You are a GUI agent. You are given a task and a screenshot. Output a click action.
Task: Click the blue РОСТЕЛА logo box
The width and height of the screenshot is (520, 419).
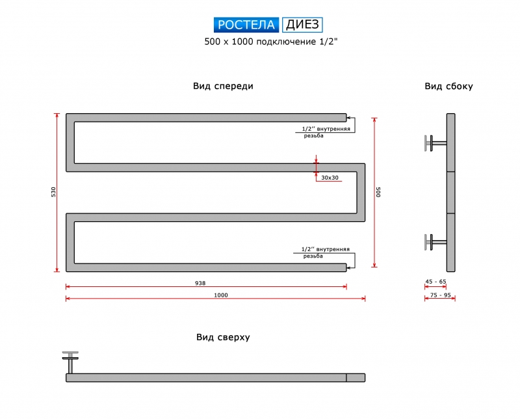pos(246,25)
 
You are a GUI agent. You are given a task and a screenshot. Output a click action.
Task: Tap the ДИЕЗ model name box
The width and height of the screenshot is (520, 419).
pos(302,25)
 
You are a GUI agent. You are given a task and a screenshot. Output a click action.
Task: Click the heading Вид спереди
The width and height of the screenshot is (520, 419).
pos(223,87)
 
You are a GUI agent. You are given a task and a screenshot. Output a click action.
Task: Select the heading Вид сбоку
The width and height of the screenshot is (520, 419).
pos(448,87)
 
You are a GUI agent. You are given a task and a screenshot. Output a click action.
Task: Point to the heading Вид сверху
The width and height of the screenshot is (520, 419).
pos(223,337)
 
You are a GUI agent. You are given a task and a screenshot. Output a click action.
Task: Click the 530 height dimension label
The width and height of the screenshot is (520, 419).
pos(53,192)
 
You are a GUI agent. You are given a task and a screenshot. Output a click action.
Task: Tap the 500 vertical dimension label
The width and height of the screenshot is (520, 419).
pos(378,192)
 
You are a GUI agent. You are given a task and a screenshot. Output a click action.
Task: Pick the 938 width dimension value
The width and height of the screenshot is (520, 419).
pos(200,283)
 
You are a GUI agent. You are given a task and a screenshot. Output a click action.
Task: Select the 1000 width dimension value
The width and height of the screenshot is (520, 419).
pos(221,295)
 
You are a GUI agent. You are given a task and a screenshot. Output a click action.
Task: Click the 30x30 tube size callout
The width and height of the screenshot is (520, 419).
pos(330,178)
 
